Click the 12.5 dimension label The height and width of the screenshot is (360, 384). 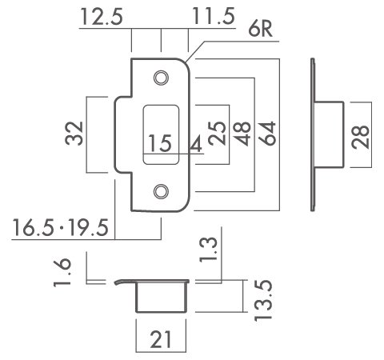click(x=102, y=17)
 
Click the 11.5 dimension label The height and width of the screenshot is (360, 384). click(x=214, y=16)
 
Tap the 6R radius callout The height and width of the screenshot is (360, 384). click(x=260, y=29)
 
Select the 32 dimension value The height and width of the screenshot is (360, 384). click(x=74, y=134)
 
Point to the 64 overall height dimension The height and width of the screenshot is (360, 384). click(x=266, y=134)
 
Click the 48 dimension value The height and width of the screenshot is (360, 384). click(x=242, y=134)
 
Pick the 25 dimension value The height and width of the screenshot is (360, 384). click(x=217, y=134)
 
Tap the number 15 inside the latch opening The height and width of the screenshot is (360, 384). click(x=160, y=143)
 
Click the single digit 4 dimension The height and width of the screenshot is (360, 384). click(x=195, y=144)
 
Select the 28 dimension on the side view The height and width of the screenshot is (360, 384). click(x=360, y=137)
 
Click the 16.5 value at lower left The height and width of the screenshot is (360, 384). click(x=34, y=227)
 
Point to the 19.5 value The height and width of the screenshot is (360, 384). click(x=88, y=227)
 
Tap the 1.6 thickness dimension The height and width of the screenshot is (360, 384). click(x=62, y=273)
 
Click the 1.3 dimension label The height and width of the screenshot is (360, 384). click(x=209, y=250)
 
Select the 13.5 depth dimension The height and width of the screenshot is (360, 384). click(x=263, y=300)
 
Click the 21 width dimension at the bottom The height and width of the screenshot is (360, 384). click(x=161, y=339)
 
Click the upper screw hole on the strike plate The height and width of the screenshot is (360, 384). click(x=161, y=78)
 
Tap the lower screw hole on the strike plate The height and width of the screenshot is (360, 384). click(x=161, y=191)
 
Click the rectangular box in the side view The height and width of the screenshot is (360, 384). click(x=329, y=135)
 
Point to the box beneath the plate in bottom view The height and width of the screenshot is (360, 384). click(x=162, y=297)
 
